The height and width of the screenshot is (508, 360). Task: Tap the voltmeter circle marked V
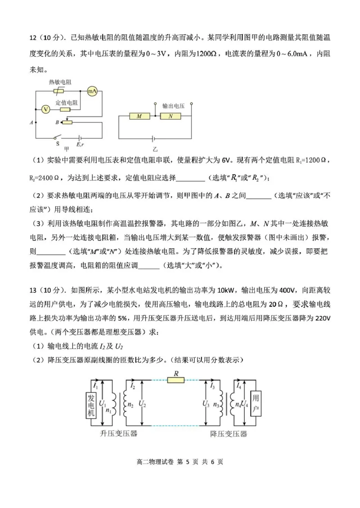(45, 109)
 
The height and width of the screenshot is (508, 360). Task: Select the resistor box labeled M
(139, 116)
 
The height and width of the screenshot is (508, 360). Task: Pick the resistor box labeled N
(171, 116)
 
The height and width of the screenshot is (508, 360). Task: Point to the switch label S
(57, 144)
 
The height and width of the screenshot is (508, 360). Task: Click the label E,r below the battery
(81, 144)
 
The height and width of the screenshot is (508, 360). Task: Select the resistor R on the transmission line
(175, 380)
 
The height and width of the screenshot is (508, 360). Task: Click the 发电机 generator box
(91, 406)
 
